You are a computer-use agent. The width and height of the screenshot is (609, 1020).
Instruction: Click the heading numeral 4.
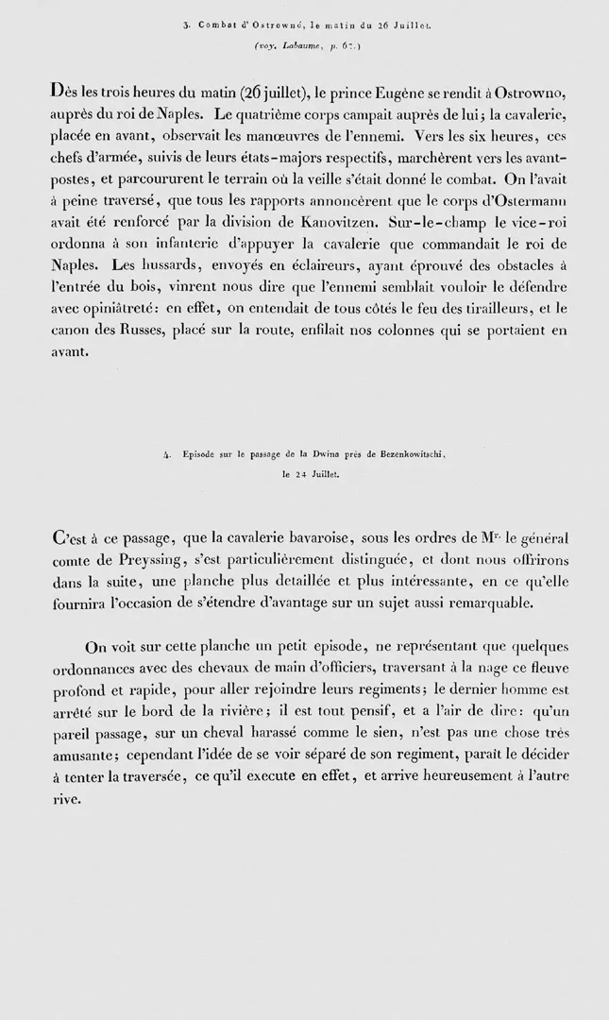(167, 455)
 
